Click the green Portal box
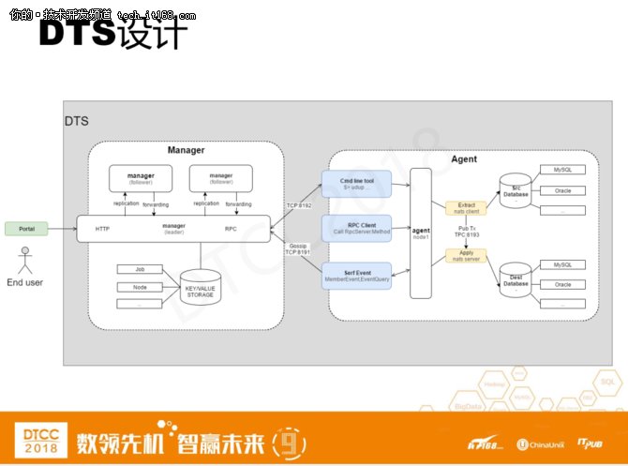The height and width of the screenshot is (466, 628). point(26,228)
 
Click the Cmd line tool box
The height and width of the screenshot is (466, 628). point(355,182)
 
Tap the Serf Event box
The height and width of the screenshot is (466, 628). point(355,274)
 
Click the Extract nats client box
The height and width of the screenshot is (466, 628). point(466,207)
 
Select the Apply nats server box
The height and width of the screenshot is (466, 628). point(466,253)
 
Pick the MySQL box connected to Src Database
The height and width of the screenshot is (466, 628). point(563,171)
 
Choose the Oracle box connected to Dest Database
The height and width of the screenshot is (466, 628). point(563,284)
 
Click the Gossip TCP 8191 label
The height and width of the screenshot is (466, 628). point(297,248)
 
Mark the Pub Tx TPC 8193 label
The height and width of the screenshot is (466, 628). point(466,231)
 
